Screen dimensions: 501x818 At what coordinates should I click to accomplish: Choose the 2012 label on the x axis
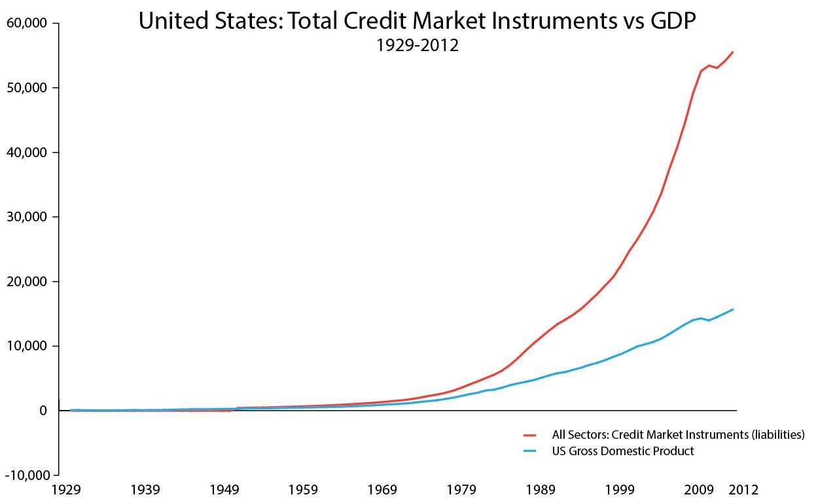pos(744,490)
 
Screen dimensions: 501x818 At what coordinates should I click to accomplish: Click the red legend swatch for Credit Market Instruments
pos(530,434)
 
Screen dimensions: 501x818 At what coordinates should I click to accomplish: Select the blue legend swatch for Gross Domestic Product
pos(530,451)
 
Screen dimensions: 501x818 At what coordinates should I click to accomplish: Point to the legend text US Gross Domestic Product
pos(623,451)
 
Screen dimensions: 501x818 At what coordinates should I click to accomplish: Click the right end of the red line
pos(732,52)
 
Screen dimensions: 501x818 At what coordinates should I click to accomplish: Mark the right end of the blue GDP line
pos(732,309)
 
